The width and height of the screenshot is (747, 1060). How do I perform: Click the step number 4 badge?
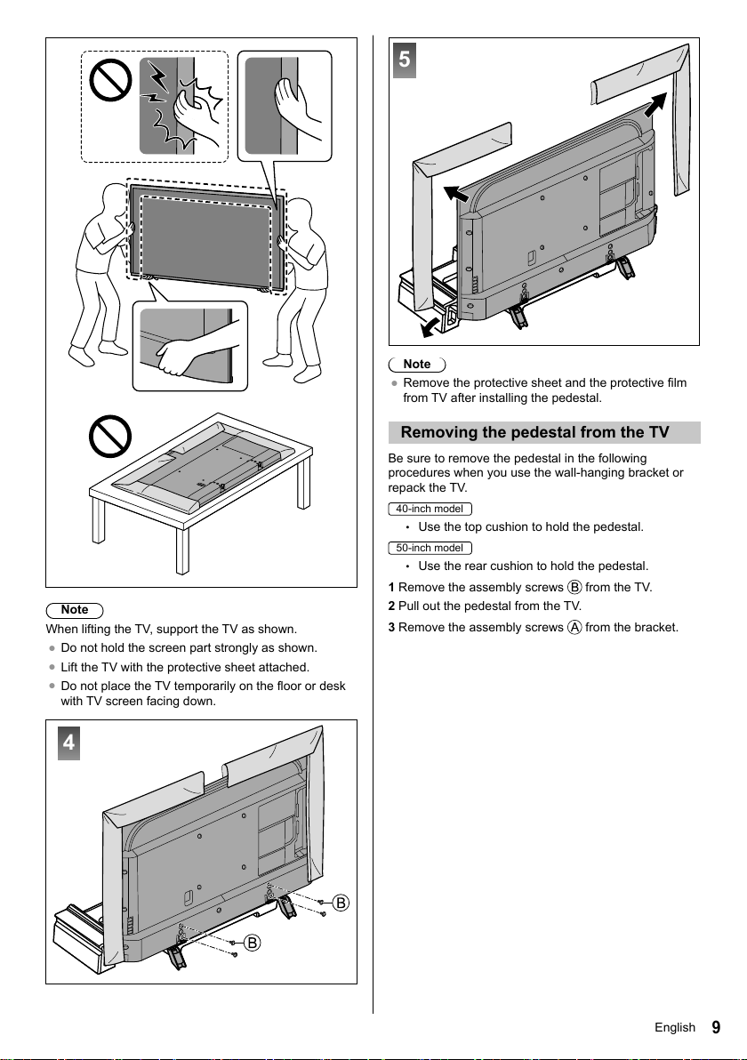point(69,743)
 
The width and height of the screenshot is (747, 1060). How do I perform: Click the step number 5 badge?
point(405,60)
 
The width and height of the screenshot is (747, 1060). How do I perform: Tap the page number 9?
point(716,1028)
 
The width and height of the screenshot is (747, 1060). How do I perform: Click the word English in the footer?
point(675,1028)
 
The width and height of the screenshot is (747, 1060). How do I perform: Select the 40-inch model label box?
point(430,509)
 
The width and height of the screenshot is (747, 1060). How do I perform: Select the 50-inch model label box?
point(430,549)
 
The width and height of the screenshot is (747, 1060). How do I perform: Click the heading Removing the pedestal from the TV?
point(534,433)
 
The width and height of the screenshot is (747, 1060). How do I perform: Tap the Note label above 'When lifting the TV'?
point(75,610)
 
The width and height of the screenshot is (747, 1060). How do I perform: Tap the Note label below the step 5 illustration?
point(417,365)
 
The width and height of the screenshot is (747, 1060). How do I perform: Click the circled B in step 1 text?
point(574,588)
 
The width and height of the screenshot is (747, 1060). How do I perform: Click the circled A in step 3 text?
point(574,627)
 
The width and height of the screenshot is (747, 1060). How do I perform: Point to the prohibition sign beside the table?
point(110,436)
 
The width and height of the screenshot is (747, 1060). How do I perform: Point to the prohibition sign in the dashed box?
point(111,80)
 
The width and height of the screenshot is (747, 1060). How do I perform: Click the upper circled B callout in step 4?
point(341,903)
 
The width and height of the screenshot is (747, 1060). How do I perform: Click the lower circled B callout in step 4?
point(253,943)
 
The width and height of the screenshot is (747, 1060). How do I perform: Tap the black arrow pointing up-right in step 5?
point(655,105)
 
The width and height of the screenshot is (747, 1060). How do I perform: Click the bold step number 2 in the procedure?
point(391,606)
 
